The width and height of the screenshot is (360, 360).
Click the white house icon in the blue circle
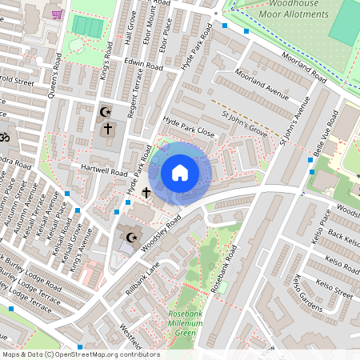pyautogui.click(x=180, y=172)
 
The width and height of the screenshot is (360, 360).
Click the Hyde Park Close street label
pyautogui.click(x=189, y=124)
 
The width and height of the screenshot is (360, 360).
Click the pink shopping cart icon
pyautogui.click(x=56, y=14)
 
